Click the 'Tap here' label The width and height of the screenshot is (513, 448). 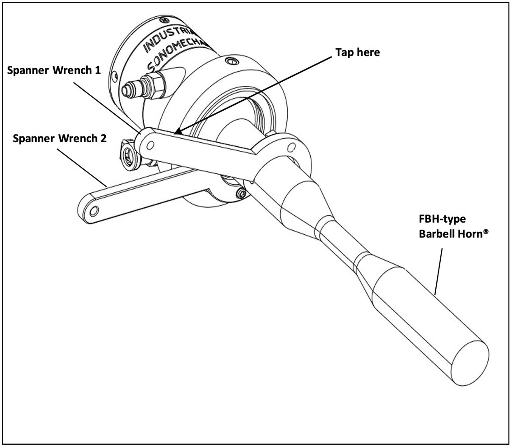357,52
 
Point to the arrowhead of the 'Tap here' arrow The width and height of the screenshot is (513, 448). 177,132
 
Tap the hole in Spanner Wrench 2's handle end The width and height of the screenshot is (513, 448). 93,211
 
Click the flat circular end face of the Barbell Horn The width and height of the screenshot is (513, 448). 470,356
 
